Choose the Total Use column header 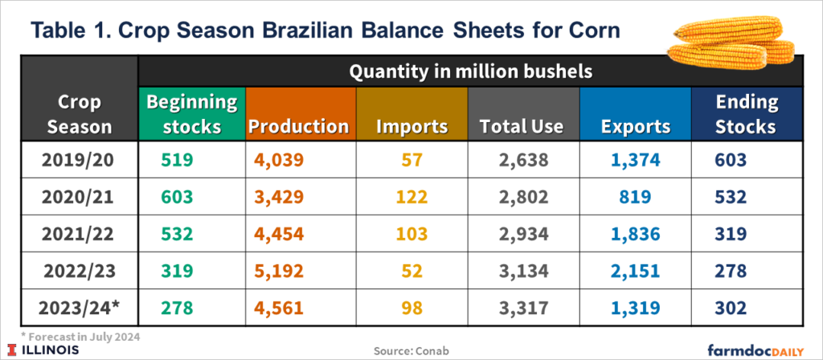point(522,126)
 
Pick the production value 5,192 point(276,270)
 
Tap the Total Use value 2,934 point(522,233)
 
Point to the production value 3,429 point(276,196)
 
